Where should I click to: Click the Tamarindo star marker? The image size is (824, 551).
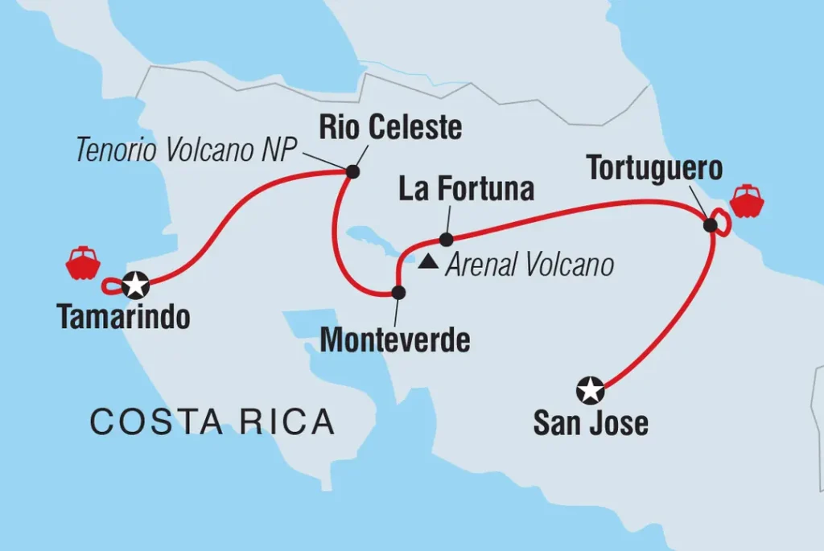[x=136, y=283]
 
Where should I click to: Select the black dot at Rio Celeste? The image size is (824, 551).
[x=352, y=171]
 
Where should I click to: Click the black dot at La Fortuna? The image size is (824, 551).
[x=446, y=239]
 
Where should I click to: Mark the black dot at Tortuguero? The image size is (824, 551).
[x=710, y=225]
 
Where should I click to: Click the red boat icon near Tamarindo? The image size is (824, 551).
[x=83, y=263]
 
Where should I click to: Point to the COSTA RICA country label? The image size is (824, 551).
[x=212, y=421]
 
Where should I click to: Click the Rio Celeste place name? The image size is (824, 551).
[x=389, y=127]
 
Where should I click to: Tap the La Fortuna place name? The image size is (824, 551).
[x=467, y=190]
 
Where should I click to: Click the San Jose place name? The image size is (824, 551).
[x=591, y=423]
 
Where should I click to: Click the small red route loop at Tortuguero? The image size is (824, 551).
[x=723, y=224]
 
